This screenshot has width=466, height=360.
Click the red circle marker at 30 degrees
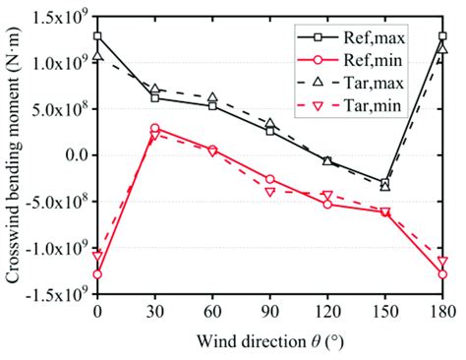(x=154, y=128)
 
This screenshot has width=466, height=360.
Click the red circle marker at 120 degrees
(x=327, y=205)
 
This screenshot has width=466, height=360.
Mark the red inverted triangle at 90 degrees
(x=270, y=192)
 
